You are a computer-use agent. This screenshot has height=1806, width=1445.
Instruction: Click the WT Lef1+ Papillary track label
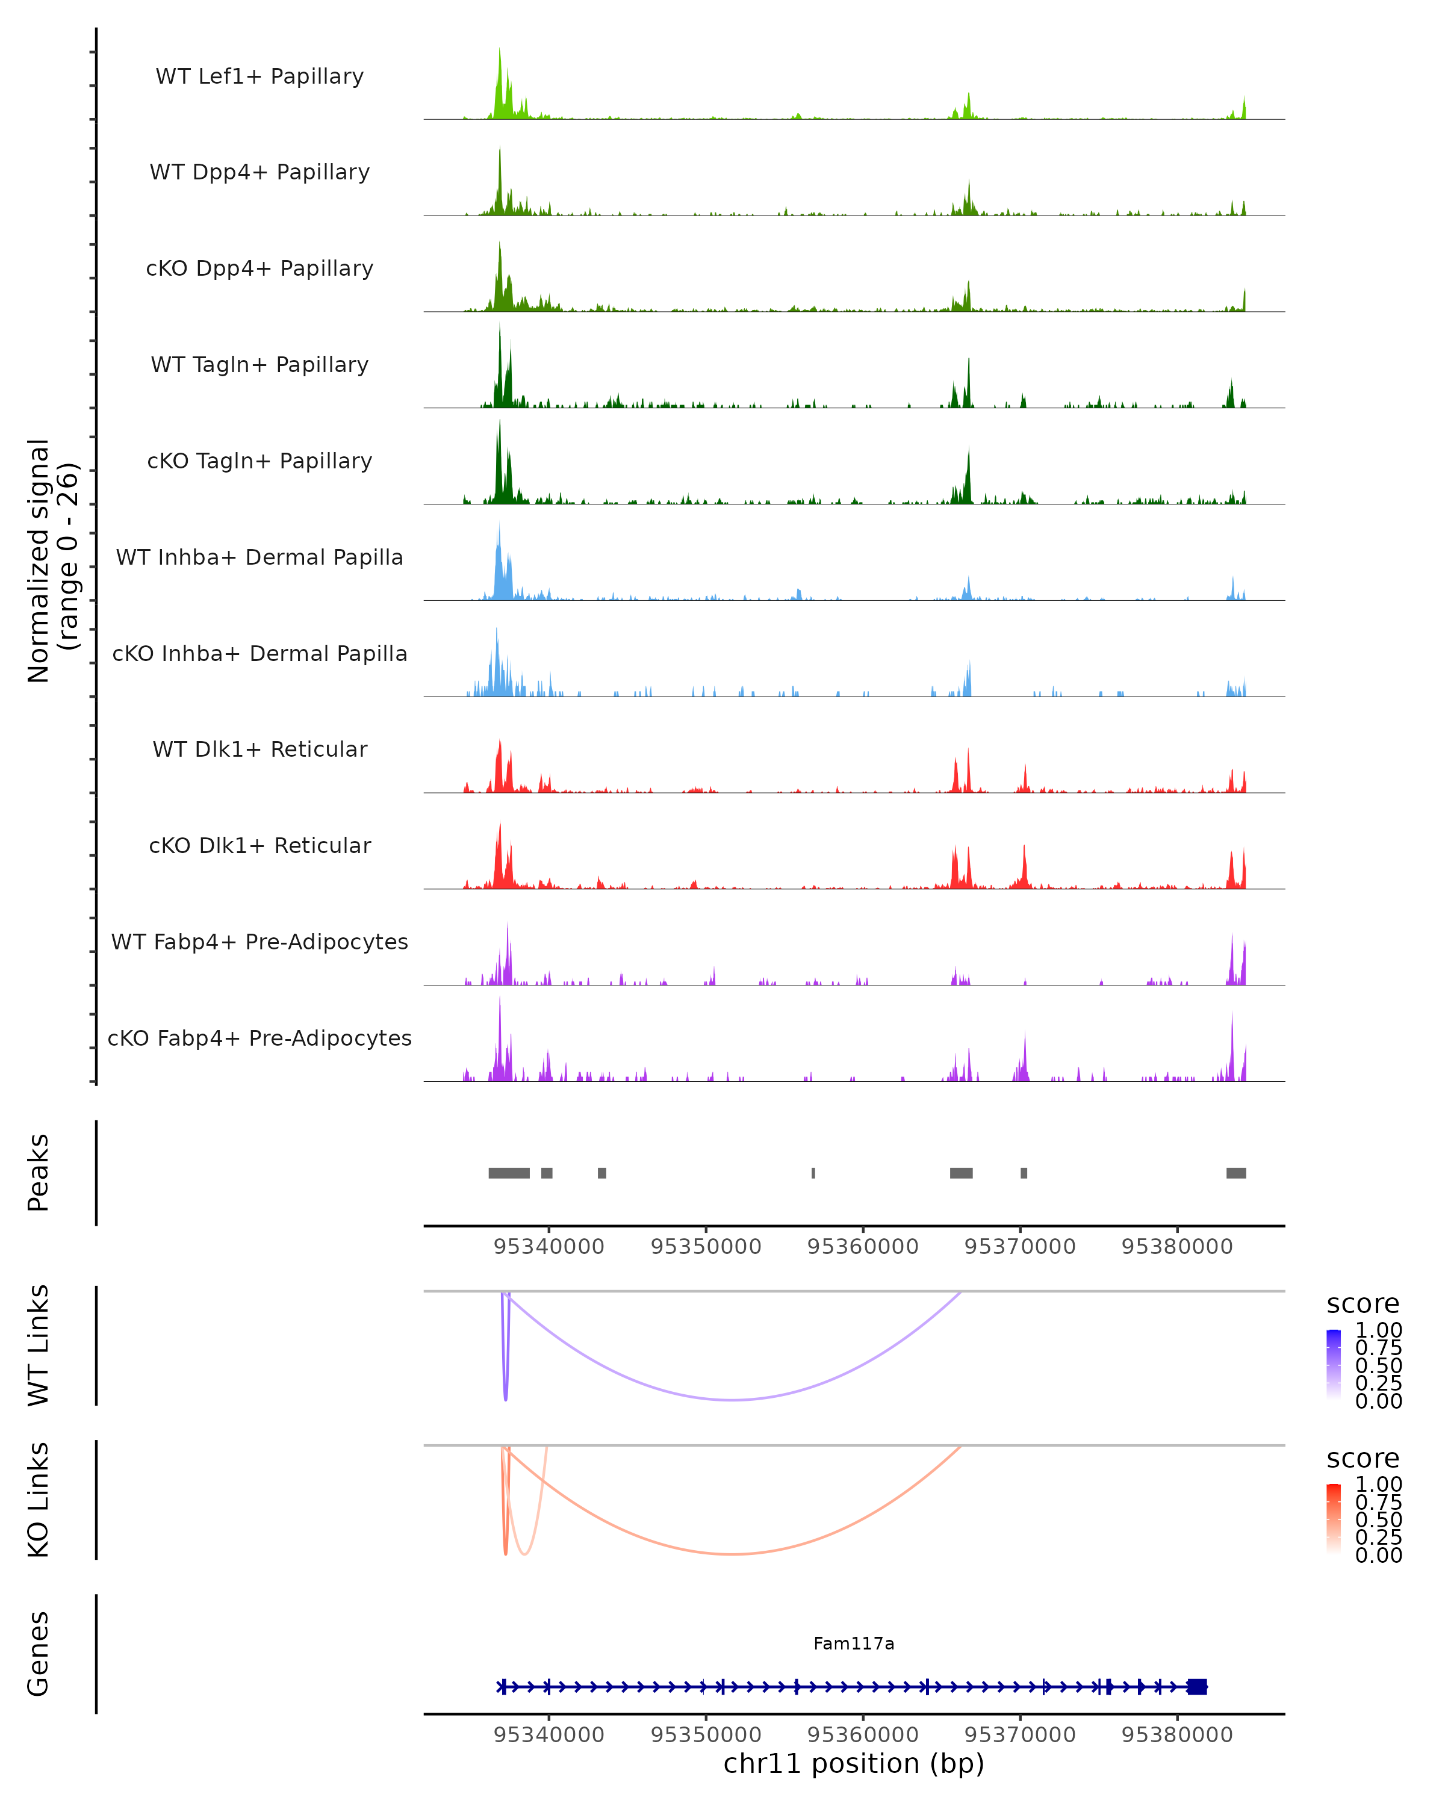[x=259, y=76]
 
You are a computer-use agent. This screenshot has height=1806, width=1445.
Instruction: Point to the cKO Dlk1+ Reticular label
[x=259, y=845]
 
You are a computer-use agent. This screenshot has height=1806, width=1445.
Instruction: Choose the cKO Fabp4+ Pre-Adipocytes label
[x=259, y=1038]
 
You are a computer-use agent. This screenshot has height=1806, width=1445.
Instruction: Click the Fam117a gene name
[x=854, y=1643]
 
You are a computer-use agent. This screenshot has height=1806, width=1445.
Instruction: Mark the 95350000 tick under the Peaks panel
[x=706, y=1247]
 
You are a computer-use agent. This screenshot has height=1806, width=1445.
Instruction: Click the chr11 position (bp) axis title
[x=854, y=1764]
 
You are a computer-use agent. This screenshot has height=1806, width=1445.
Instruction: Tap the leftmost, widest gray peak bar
[x=509, y=1173]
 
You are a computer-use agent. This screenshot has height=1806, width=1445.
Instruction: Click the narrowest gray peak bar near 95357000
[x=813, y=1173]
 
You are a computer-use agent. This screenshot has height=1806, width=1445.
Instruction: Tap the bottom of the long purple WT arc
[x=733, y=1400]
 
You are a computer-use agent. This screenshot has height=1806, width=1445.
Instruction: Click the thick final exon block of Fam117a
[x=1197, y=1687]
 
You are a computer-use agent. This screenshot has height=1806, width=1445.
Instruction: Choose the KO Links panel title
[x=39, y=1500]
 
